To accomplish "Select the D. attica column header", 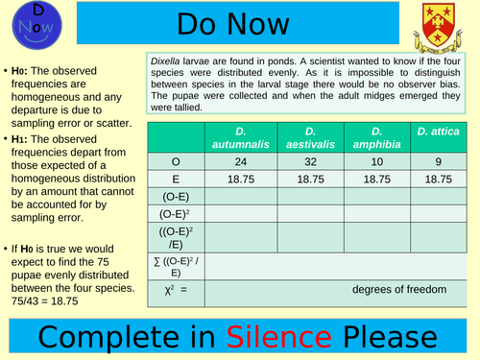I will [x=439, y=130].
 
